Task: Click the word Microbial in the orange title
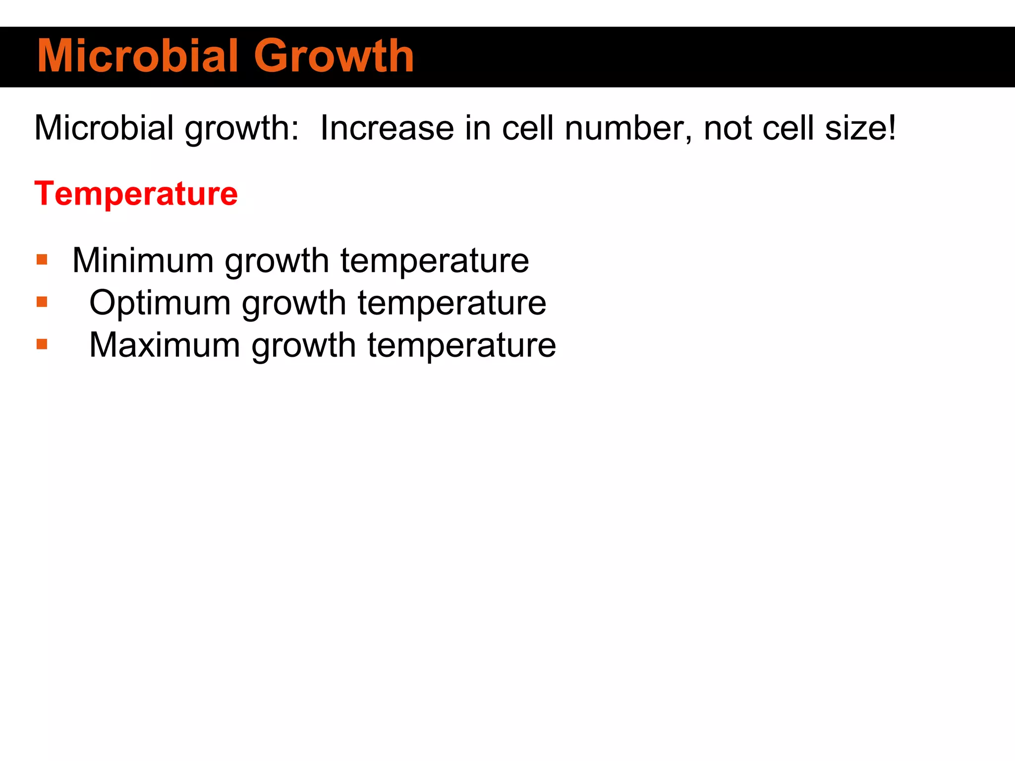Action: tap(138, 56)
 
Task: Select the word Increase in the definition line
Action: tap(387, 128)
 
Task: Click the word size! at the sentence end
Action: tap(860, 128)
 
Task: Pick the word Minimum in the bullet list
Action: tap(143, 261)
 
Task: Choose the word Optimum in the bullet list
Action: tap(160, 303)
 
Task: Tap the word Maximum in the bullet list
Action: tap(165, 345)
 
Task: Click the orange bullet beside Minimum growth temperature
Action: tap(42, 259)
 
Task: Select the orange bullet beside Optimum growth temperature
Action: tap(42, 302)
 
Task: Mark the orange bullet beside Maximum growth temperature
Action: tap(42, 344)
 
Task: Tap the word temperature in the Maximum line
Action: tap(461, 346)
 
